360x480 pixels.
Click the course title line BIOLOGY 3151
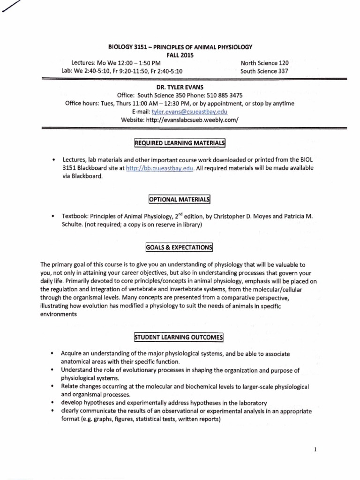(x=180, y=47)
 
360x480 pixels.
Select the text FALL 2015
(x=180, y=55)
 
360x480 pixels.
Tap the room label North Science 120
(x=264, y=63)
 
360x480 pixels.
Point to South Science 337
(x=264, y=71)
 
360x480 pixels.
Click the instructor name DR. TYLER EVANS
(x=180, y=87)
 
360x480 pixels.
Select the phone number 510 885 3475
(x=223, y=95)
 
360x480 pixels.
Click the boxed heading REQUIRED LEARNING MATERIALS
(x=180, y=142)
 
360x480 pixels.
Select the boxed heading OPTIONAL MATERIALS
(x=180, y=200)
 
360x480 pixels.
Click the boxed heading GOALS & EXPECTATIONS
(x=180, y=247)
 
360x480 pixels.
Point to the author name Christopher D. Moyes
(x=255, y=216)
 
